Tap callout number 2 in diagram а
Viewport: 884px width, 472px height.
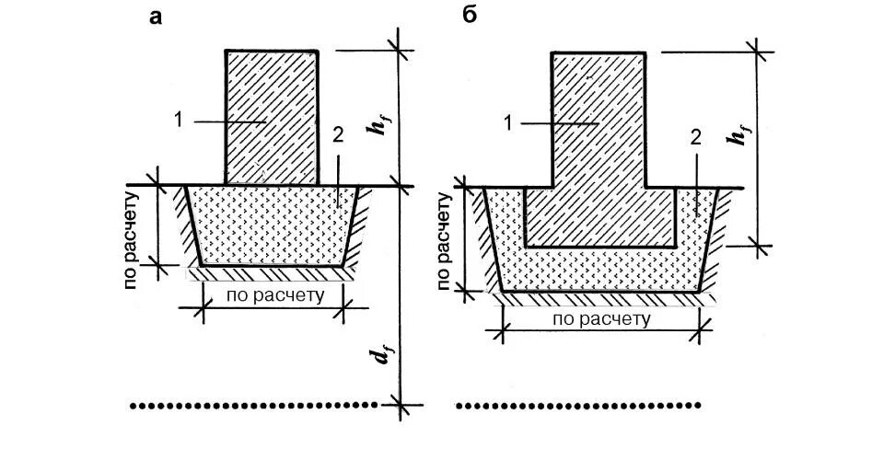pos(338,135)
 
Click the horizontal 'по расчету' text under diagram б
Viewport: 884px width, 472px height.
pos(601,318)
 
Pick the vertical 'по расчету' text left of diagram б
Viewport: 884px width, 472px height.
pos(447,242)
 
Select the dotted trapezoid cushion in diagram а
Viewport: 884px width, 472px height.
pos(272,227)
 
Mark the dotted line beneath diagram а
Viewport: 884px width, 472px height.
pos(253,404)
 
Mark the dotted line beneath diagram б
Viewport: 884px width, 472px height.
pos(578,404)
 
